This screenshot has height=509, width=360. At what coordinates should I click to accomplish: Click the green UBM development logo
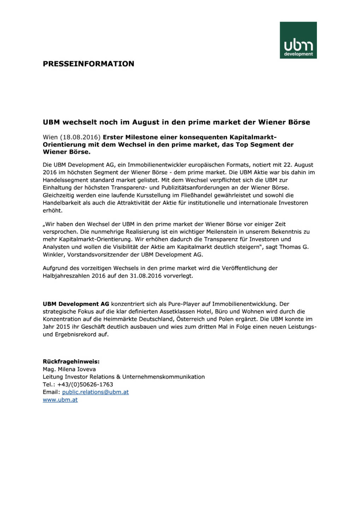(x=298, y=40)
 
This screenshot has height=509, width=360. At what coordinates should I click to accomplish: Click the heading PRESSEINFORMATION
(x=88, y=64)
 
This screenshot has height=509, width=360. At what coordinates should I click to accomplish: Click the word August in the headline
(x=146, y=122)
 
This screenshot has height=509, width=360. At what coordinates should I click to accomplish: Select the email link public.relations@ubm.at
(x=95, y=392)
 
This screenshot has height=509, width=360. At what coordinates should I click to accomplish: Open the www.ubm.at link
(x=60, y=400)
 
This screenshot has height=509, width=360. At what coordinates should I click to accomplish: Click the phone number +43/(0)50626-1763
(x=85, y=385)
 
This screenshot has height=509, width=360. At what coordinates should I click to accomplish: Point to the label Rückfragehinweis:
(x=71, y=362)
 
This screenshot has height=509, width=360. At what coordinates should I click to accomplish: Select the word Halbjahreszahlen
(x=66, y=276)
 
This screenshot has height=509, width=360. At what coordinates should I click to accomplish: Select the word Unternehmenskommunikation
(x=163, y=377)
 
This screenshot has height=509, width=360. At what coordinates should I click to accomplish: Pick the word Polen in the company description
(x=226, y=319)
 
